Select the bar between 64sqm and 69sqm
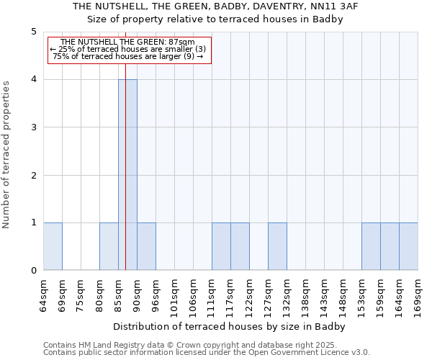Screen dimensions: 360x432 (53, 247)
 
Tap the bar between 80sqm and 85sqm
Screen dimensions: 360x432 (109, 247)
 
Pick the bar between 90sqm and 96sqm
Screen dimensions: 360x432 (146, 247)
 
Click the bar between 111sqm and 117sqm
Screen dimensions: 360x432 (221, 247)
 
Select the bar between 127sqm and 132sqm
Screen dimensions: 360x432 (277, 247)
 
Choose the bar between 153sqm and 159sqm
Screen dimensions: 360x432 (371, 247)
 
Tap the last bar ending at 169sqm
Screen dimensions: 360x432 (408, 247)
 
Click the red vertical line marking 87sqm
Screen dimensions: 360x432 (125, 144)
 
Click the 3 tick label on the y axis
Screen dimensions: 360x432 (33, 127)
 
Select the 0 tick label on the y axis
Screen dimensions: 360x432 (33, 271)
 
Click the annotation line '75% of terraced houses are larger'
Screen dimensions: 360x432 (128, 56)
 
